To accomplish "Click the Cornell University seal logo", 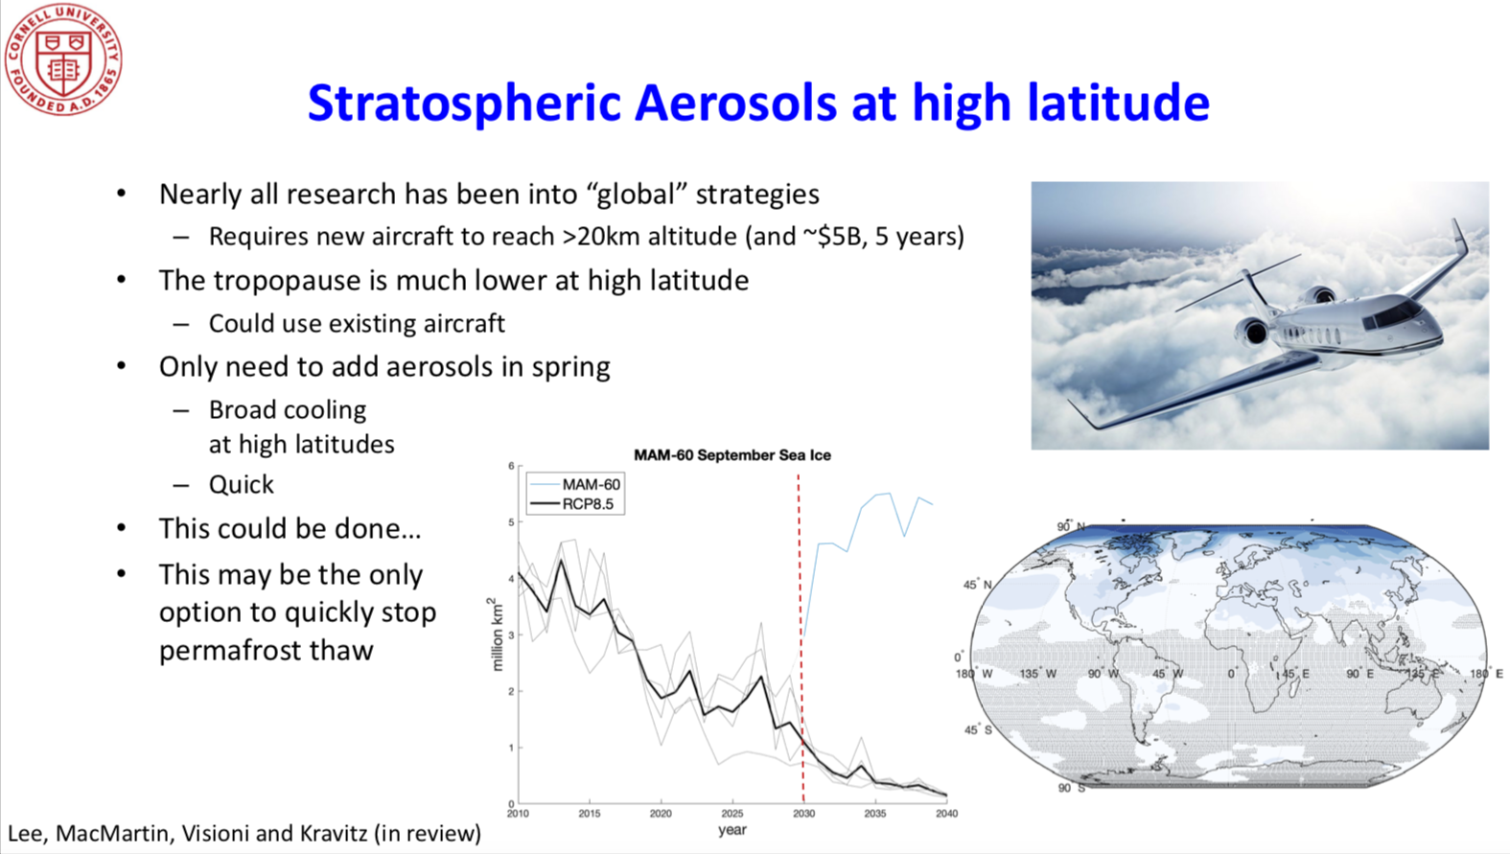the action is [63, 58].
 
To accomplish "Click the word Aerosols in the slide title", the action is [735, 104].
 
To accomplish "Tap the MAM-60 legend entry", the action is [575, 485].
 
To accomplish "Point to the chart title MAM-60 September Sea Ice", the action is [732, 455].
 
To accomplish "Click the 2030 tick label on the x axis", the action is [803, 814].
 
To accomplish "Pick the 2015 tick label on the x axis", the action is [590, 814].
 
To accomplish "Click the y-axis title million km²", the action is [497, 635].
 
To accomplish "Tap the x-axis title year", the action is [732, 830].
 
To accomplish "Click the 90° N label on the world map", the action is [1070, 526].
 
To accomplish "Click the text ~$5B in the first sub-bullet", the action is [834, 237].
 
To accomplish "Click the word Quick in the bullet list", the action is [242, 485].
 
